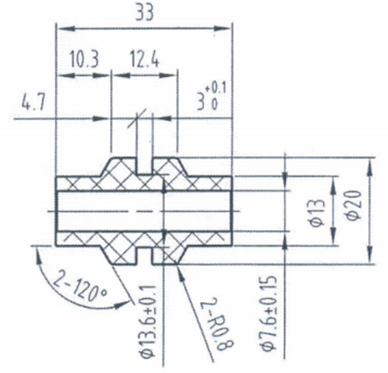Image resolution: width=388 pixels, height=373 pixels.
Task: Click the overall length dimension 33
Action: click(x=144, y=12)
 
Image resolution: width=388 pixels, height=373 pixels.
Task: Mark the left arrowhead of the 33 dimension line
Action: click(x=59, y=27)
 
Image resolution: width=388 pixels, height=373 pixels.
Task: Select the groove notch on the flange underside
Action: click(x=144, y=257)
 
